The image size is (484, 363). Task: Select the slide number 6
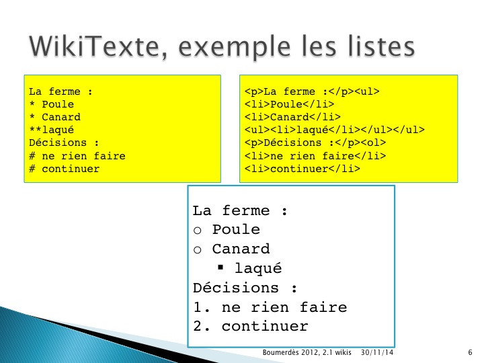[470, 352]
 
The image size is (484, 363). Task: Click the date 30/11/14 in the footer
[377, 352]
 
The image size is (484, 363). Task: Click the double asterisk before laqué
[35, 129]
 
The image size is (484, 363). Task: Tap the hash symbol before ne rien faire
[32, 155]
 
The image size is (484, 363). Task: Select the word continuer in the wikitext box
[71, 169]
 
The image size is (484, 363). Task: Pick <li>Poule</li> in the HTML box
[289, 104]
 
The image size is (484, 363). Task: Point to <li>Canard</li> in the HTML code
[292, 117]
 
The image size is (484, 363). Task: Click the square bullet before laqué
[220, 267]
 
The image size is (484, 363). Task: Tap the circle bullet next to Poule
[198, 231]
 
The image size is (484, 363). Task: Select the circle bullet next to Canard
[198, 249]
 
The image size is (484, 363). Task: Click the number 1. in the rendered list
[201, 307]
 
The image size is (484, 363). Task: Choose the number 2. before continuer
[201, 327]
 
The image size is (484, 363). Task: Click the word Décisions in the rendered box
[236, 288]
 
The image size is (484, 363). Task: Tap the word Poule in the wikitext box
[58, 104]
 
